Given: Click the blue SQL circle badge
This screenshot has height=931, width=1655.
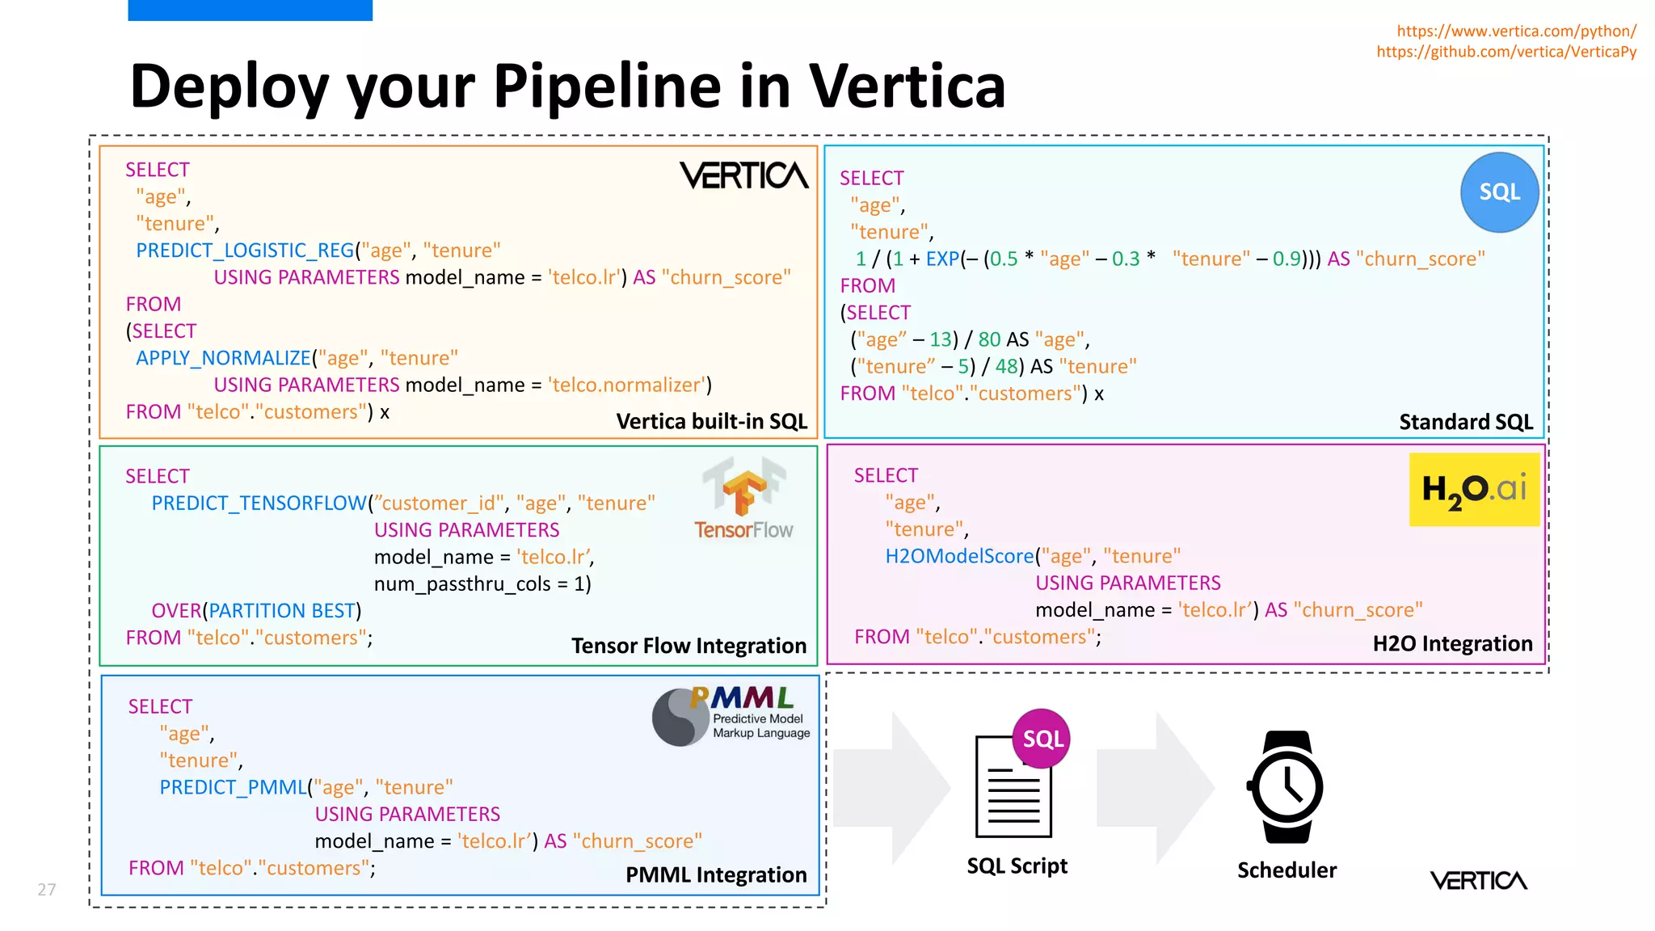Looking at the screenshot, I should click(x=1499, y=192).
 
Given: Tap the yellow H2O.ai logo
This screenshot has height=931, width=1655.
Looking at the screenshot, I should click(x=1474, y=489).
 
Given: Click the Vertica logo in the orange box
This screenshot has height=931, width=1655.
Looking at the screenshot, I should click(x=743, y=175).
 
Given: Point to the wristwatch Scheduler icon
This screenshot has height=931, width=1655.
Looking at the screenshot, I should click(x=1287, y=787).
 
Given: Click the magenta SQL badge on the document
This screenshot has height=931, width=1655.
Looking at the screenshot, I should click(x=1042, y=739).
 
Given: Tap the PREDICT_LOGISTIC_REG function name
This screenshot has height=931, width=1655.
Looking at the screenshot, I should click(x=245, y=251).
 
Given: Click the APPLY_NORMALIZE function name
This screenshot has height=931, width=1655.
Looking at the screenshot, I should click(x=223, y=358).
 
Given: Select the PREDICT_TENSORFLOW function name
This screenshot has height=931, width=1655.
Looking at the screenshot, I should click(x=259, y=503).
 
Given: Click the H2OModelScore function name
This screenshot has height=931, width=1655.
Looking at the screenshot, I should click(x=959, y=556).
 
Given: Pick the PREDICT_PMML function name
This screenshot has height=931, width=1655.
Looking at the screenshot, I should click(x=233, y=787).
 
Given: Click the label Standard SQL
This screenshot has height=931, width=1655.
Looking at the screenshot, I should click(x=1465, y=422).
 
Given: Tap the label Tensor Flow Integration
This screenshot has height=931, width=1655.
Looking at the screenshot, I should click(x=689, y=646).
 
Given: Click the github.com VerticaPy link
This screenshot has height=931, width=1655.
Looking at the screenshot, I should click(x=1506, y=52).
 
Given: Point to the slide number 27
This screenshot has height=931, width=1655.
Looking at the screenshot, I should click(x=47, y=890).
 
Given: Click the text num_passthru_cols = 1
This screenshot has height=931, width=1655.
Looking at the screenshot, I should click(x=482, y=583).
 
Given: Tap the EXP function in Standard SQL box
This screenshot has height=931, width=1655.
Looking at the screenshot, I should click(x=942, y=259).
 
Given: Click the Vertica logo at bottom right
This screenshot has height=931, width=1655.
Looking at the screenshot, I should click(x=1478, y=880).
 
